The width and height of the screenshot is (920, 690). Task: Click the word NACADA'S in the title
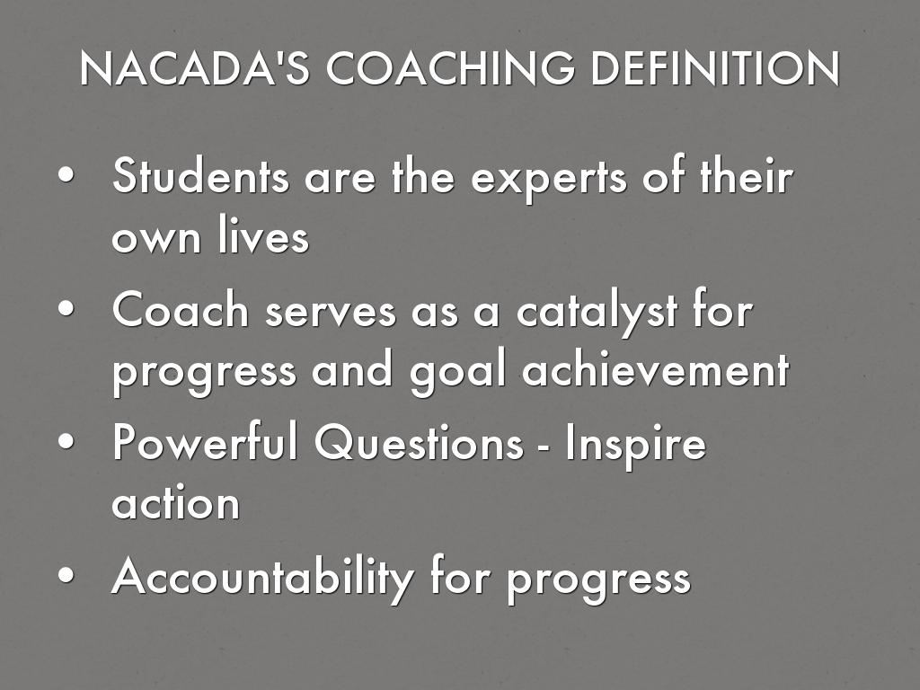195,68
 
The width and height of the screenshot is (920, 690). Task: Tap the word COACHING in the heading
451,68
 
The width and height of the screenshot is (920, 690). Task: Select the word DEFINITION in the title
715,68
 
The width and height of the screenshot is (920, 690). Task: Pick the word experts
549,179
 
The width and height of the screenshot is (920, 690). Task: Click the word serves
331,313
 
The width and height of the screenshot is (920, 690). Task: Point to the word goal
457,372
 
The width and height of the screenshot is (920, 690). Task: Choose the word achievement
655,368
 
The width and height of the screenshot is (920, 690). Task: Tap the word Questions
419,441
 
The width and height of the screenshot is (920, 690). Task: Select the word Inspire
635,445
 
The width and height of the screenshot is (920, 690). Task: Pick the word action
176,502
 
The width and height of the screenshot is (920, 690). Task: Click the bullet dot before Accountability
66,574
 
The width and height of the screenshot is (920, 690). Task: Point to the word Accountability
263,578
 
